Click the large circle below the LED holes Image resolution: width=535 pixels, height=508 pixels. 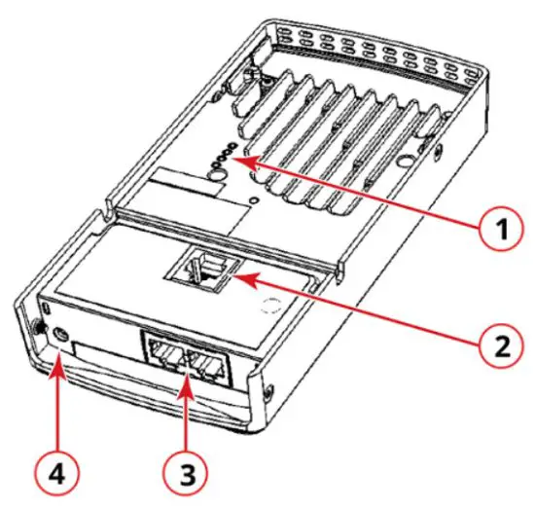[x=217, y=172]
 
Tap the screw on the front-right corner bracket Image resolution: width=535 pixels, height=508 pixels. [x=265, y=393]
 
